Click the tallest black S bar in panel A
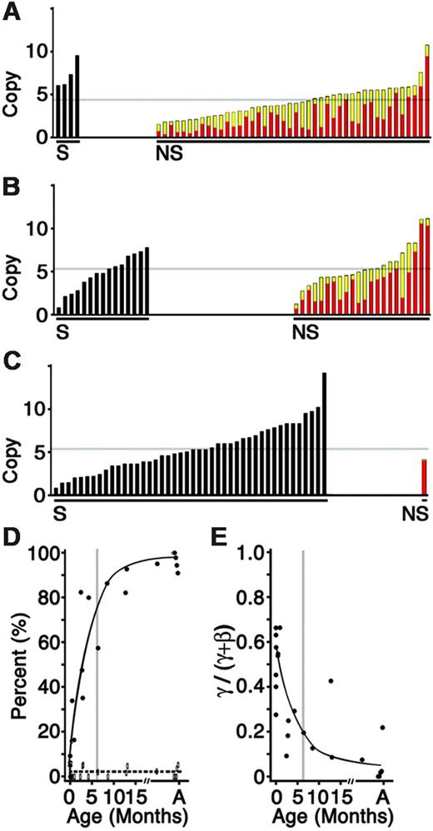pos(77,97)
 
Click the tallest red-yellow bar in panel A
pos(426,91)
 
